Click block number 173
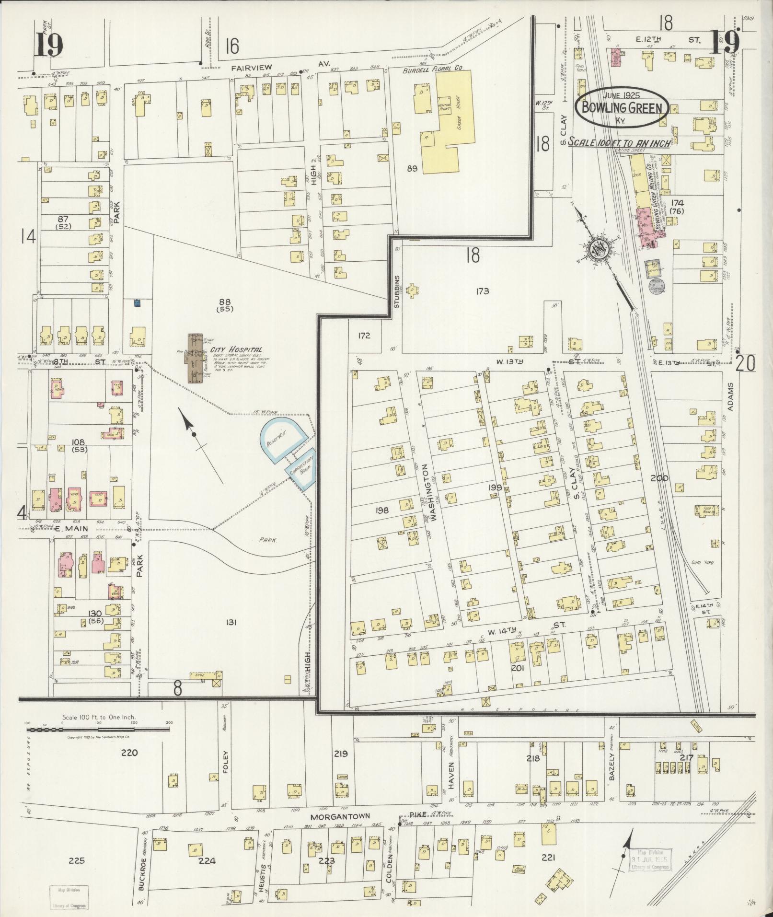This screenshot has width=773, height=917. click(482, 291)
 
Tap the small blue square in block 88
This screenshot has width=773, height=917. click(138, 303)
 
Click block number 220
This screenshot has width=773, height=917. click(129, 753)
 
